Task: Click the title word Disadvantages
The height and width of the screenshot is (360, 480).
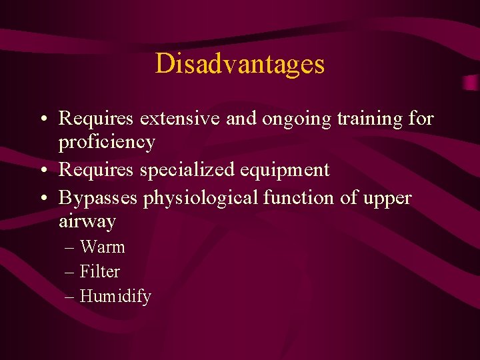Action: pos(240,64)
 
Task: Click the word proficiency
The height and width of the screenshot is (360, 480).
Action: pos(107,142)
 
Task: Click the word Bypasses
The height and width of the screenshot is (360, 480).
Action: pos(97,198)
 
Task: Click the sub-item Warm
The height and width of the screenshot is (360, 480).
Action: pos(102,247)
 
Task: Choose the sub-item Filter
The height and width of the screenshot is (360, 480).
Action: pos(100,272)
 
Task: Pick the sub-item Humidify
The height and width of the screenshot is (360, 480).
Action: pos(115,297)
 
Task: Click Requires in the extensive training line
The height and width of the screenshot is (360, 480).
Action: pos(96,119)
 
